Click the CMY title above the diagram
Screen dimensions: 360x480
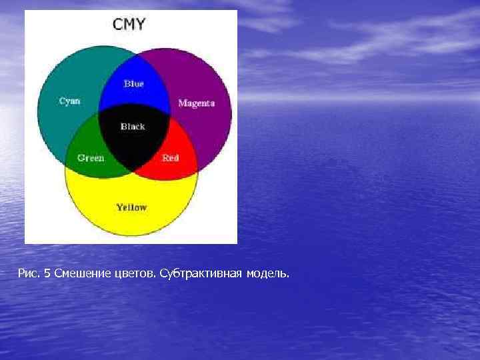tap(129, 25)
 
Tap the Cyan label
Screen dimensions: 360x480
tap(70, 101)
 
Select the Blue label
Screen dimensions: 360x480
tap(133, 84)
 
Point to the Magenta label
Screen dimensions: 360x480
tap(197, 103)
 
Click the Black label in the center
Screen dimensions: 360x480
tap(133, 126)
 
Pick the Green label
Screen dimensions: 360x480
tap(91, 158)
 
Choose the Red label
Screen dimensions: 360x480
tap(171, 158)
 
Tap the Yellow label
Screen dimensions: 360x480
tap(131, 207)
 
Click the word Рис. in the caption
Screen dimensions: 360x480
tap(29, 273)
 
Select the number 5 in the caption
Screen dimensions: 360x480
tap(47, 273)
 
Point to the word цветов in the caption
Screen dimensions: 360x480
tap(133, 273)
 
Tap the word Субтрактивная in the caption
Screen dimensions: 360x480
tap(201, 273)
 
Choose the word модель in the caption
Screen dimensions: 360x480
tap(268, 273)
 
